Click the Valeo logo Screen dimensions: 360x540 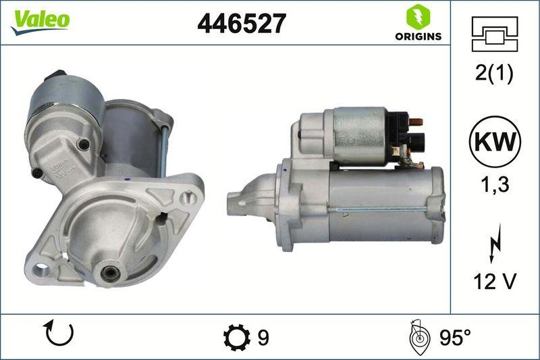pyautogui.click(x=40, y=19)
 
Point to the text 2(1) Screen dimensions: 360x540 pyautogui.click(x=494, y=74)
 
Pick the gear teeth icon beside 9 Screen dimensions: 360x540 pyautogui.click(x=236, y=336)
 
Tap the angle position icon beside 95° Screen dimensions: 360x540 pyautogui.click(x=418, y=336)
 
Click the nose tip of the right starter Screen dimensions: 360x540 pyautogui.click(x=233, y=201)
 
